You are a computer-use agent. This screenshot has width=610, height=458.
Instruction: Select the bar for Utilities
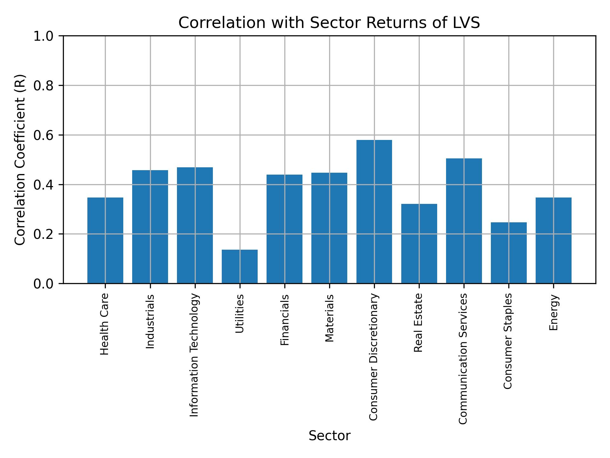[x=240, y=267]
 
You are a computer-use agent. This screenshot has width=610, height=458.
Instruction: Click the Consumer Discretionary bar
[x=374, y=212]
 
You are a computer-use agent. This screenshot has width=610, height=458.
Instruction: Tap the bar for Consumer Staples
[x=509, y=253]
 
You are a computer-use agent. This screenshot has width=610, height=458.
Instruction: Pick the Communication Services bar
[x=464, y=221]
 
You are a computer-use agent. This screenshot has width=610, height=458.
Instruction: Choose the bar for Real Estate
[x=419, y=244]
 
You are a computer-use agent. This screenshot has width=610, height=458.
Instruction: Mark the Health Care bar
[x=105, y=240]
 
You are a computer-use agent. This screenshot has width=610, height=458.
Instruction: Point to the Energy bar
[x=553, y=240]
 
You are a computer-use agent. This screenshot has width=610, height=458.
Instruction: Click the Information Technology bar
[x=195, y=225]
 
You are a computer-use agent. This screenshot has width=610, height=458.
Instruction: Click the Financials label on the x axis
[x=285, y=320]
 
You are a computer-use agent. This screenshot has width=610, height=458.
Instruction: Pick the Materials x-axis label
[x=329, y=318]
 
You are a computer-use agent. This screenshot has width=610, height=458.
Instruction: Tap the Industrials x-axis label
[x=150, y=321]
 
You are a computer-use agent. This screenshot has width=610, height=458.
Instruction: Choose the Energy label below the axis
[x=553, y=312]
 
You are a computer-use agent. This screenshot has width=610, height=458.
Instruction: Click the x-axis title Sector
[x=329, y=436]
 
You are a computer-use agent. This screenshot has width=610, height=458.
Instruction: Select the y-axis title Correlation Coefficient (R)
[x=20, y=160]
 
